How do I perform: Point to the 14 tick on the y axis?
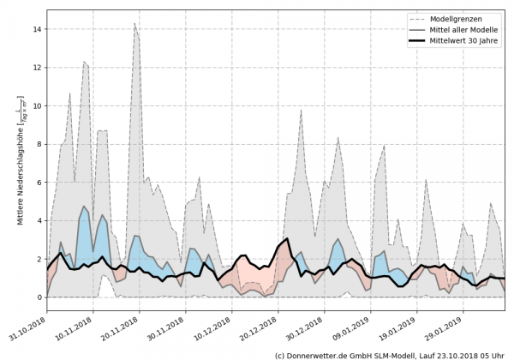pyautogui.click(x=37, y=29)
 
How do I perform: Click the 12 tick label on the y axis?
pyautogui.click(x=37, y=68)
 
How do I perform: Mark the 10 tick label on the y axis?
pyautogui.click(x=37, y=106)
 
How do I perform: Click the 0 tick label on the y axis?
pyautogui.click(x=39, y=297)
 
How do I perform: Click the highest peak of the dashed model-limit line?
pyautogui.click(x=135, y=24)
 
